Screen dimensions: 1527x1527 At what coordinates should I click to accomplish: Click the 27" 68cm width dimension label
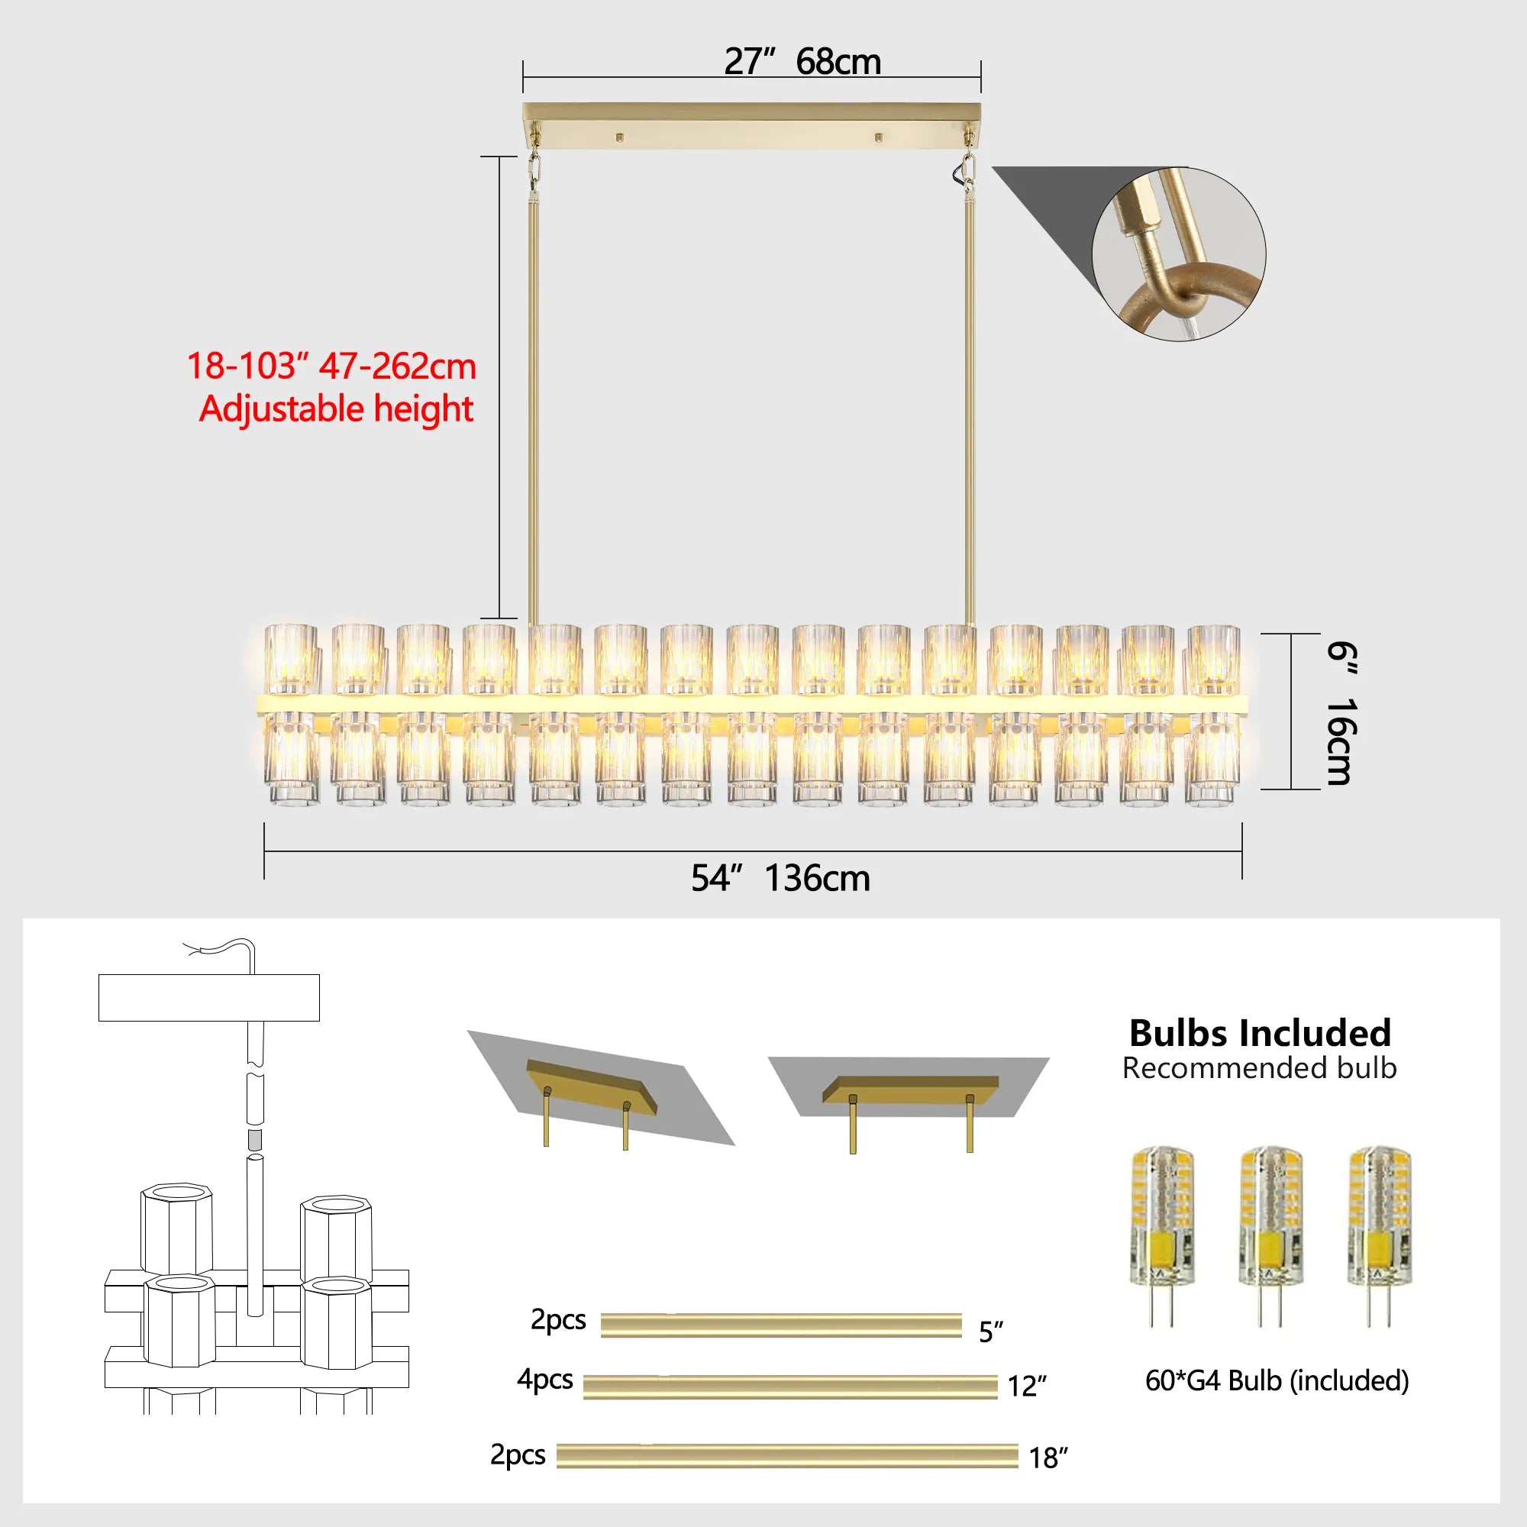(802, 62)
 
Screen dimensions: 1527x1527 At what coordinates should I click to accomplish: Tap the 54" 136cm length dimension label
(780, 879)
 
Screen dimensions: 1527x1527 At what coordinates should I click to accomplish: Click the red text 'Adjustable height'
(336, 409)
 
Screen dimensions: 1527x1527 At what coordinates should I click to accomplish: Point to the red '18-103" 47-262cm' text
(331, 366)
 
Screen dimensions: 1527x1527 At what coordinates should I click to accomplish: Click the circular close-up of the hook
(1178, 254)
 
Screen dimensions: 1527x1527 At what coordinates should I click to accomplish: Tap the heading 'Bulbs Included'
(1260, 1033)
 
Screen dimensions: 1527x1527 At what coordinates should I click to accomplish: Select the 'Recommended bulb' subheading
(1259, 1069)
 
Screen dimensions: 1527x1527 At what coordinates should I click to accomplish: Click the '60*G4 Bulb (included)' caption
(1277, 1380)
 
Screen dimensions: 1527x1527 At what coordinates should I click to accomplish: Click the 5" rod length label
(990, 1332)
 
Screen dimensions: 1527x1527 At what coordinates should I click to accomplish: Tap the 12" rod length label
(1026, 1386)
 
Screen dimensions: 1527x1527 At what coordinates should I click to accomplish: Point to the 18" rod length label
(1048, 1458)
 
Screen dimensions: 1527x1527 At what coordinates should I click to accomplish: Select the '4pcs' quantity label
(544, 1379)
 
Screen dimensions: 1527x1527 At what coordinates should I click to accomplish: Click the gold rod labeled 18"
(786, 1456)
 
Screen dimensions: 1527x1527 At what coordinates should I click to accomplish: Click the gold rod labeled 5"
(781, 1325)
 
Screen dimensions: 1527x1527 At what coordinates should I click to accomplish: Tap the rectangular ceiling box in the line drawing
(208, 997)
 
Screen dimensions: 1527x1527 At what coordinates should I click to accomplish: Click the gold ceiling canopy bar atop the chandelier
(751, 125)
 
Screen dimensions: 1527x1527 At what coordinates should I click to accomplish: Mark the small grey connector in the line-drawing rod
(254, 1140)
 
